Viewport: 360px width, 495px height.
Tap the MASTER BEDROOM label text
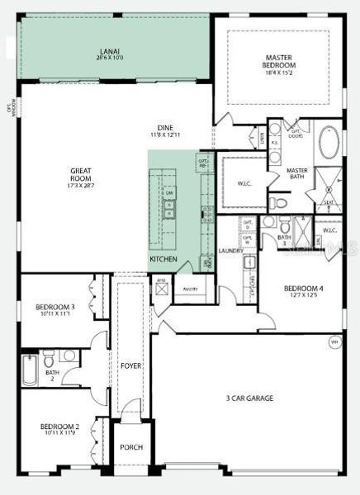tap(279, 62)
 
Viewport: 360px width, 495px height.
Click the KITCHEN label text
tap(163, 259)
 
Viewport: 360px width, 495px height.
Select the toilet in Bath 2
tap(49, 357)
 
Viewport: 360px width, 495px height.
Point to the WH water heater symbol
tap(334, 341)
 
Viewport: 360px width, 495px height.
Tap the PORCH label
tap(131, 447)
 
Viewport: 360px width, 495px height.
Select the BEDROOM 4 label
tap(304, 289)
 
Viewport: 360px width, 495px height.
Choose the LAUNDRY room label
tap(230, 251)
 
